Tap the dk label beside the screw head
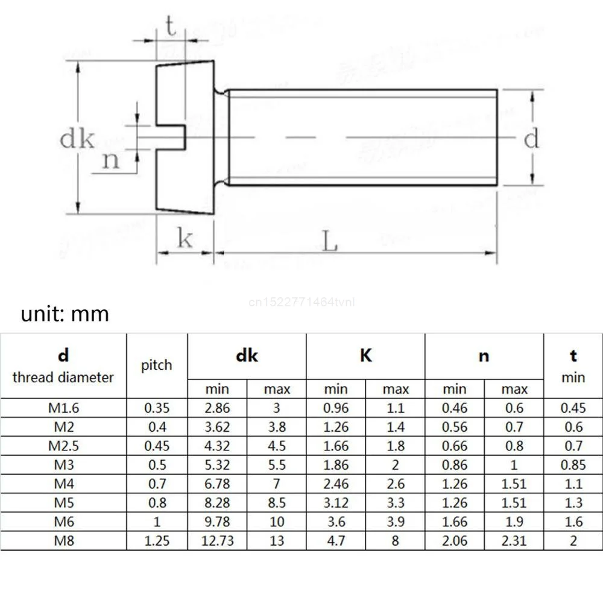click(77, 139)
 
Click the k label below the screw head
click(185, 239)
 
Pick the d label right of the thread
click(531, 139)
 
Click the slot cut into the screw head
click(171, 138)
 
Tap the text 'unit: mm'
click(65, 314)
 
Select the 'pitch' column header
click(157, 365)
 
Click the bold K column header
click(366, 356)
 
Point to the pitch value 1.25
click(157, 540)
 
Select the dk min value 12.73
click(218, 540)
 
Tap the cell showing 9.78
click(218, 522)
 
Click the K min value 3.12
click(336, 502)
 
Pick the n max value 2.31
click(514, 540)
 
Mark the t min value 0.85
click(573, 465)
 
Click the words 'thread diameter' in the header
click(63, 377)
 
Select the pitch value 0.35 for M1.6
click(157, 408)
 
